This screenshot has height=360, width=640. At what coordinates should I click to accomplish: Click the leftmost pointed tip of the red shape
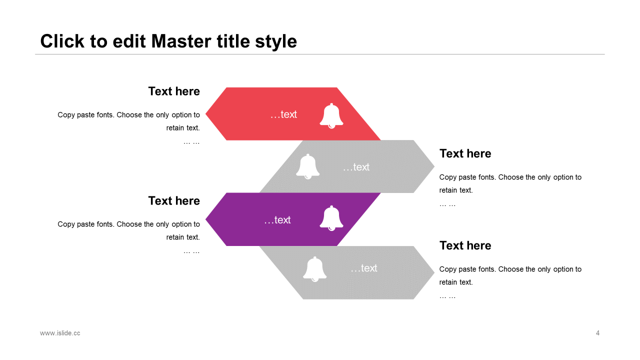[x=205, y=113]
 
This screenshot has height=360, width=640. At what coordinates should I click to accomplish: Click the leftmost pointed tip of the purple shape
[x=205, y=219]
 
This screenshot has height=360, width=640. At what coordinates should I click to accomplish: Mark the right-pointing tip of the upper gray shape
[x=434, y=166]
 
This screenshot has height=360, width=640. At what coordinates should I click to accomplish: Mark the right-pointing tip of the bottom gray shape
[x=434, y=272]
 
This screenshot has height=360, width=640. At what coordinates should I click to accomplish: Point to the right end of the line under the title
[x=604, y=54]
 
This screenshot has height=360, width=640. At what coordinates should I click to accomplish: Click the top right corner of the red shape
[x=337, y=87]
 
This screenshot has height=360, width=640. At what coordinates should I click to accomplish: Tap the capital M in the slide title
[x=160, y=41]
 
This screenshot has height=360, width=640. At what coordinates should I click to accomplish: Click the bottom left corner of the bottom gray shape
[x=303, y=299]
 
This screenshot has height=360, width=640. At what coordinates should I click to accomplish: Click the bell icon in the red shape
[x=331, y=115]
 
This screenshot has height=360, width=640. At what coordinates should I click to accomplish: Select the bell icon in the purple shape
[x=331, y=218]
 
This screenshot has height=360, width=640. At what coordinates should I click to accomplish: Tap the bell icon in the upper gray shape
[x=307, y=166]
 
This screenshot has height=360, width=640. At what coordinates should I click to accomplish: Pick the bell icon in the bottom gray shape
[x=314, y=269]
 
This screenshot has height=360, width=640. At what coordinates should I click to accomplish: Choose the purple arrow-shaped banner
[x=293, y=219]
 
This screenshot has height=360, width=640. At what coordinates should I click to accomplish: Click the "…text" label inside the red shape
[x=283, y=114]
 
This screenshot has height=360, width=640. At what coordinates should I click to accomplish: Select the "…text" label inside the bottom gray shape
[x=363, y=268]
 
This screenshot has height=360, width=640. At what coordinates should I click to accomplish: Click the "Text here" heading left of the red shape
[x=174, y=91]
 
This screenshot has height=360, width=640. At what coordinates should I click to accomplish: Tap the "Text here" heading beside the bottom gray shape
[x=465, y=245]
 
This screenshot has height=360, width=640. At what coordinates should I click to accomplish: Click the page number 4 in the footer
[x=597, y=333]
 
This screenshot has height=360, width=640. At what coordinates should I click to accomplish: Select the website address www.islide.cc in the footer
[x=60, y=333]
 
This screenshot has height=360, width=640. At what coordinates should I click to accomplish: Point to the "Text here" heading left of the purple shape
[x=174, y=201]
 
